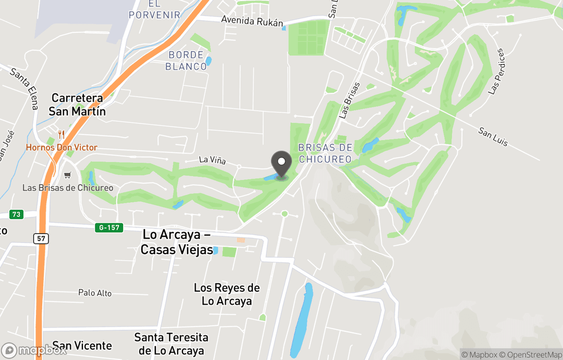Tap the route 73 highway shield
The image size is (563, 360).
(x=16, y=214)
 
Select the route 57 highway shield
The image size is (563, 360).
(x=41, y=238)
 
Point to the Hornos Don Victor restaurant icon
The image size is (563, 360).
(x=62, y=135)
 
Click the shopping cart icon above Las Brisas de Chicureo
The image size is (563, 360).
(x=67, y=175)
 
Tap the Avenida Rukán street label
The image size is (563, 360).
(x=252, y=21)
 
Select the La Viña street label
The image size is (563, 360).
(x=212, y=160)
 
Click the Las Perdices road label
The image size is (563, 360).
(x=497, y=71)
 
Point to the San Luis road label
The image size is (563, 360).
(x=493, y=136)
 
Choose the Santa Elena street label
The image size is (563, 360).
(x=24, y=89)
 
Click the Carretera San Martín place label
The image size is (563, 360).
(x=77, y=104)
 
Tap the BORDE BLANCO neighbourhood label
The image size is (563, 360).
(x=186, y=61)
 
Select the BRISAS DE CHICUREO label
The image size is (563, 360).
(x=325, y=153)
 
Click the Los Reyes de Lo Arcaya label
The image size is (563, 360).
(x=227, y=294)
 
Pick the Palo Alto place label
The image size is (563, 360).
(x=95, y=293)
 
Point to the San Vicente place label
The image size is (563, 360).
(x=82, y=345)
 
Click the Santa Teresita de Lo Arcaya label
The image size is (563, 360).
(x=172, y=344)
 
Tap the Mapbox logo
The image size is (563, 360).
(x=34, y=350)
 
